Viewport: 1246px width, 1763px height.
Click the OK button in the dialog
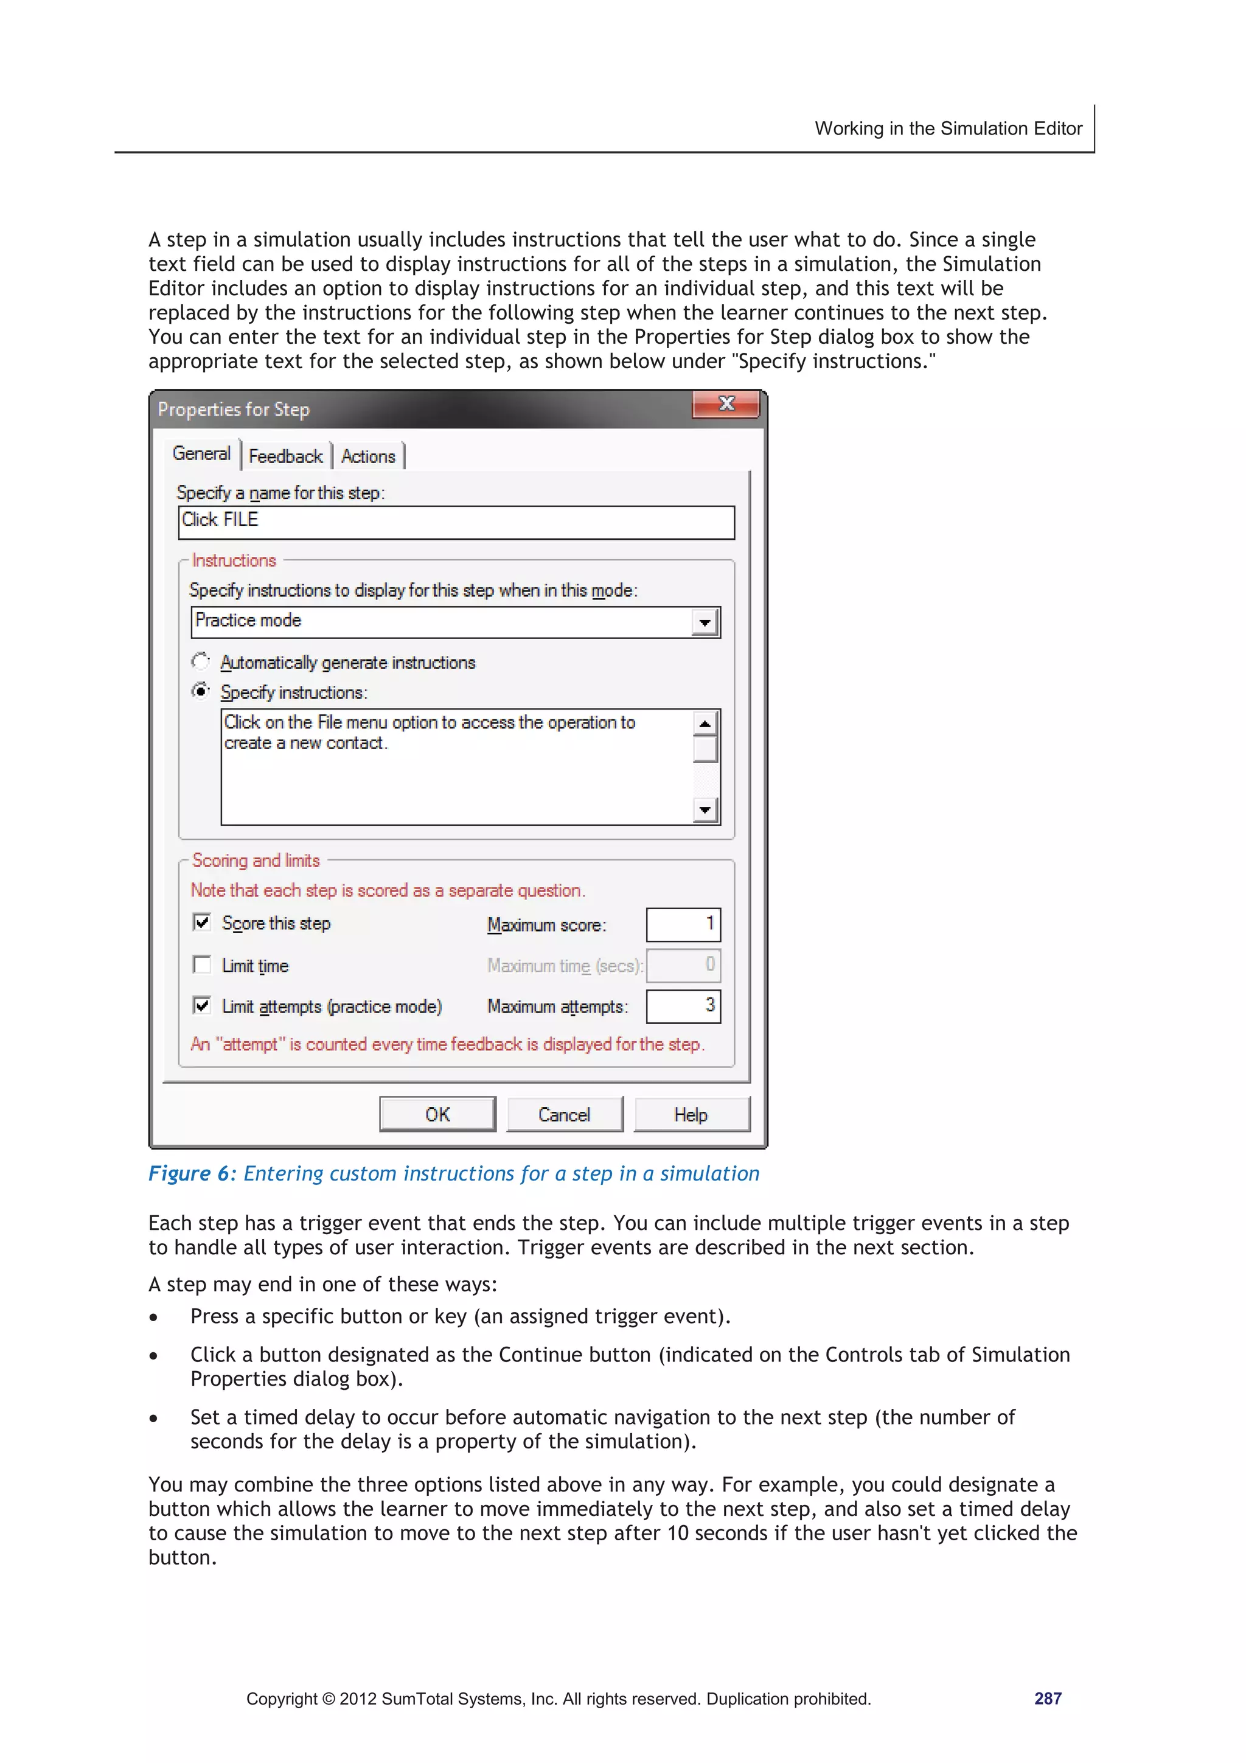(x=437, y=1114)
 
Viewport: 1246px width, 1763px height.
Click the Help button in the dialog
(x=691, y=1114)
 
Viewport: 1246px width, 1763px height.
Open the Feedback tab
(x=285, y=456)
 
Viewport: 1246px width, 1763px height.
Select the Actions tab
(x=369, y=456)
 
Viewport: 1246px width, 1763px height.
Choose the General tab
(x=201, y=454)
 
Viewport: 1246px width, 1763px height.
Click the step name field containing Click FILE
(x=456, y=522)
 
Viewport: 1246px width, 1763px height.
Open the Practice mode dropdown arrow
(x=704, y=622)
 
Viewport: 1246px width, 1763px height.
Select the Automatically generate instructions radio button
(x=200, y=661)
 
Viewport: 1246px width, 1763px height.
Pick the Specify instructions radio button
(x=200, y=691)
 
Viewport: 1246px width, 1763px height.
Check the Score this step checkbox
(x=202, y=922)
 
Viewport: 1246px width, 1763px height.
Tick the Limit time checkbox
(x=202, y=965)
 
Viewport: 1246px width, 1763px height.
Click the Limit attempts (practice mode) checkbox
(x=202, y=1005)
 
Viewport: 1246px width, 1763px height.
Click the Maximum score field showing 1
(x=683, y=924)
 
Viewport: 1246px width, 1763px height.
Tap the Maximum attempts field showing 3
(x=683, y=1006)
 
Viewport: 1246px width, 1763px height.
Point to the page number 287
(x=1047, y=1698)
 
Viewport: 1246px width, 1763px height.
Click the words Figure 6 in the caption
(x=189, y=1173)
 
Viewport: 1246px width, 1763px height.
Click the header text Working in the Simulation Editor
(x=948, y=128)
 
